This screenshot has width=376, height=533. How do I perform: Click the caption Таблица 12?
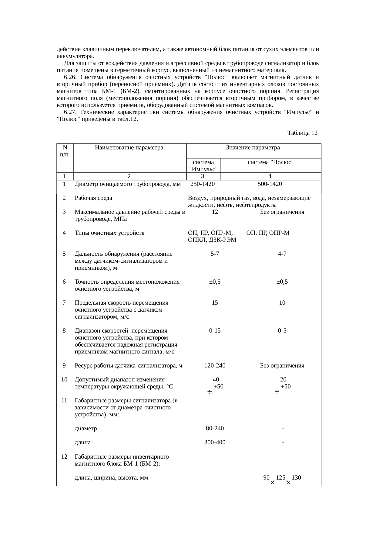click(302, 133)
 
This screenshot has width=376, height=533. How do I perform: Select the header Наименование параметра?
click(129, 148)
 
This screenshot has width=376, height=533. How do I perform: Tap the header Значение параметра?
click(253, 148)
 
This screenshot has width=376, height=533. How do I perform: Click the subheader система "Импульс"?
click(203, 166)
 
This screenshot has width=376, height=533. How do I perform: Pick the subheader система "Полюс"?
click(270, 162)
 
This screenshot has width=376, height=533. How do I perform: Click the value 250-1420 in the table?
click(203, 184)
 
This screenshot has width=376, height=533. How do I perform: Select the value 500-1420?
click(270, 184)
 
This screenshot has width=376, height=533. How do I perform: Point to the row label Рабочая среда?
click(93, 198)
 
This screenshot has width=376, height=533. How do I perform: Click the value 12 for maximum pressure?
click(215, 212)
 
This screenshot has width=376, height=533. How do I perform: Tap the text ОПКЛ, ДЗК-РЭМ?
click(212, 240)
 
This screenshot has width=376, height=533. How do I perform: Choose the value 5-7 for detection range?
click(215, 254)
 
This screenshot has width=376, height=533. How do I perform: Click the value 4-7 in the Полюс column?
click(282, 254)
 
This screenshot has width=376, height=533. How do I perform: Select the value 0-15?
click(215, 331)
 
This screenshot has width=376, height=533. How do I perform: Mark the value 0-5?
click(282, 331)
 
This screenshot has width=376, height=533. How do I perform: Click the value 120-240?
click(215, 366)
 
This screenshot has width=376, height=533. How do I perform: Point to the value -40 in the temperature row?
click(215, 380)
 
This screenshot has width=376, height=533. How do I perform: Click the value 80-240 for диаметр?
click(215, 429)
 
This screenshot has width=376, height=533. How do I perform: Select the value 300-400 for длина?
click(215, 442)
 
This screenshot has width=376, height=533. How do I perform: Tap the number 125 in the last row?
click(280, 478)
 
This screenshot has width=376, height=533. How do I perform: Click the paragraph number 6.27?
click(70, 112)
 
